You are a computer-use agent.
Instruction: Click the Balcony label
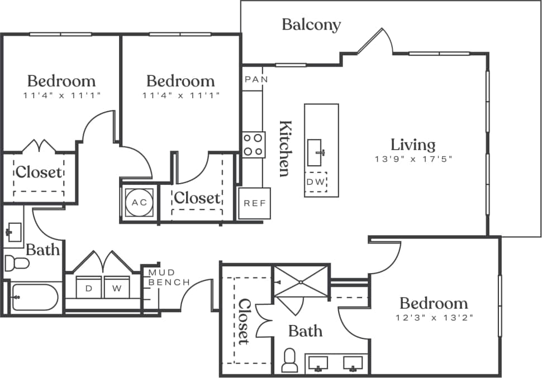(311, 25)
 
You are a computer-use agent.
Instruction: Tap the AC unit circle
(139, 202)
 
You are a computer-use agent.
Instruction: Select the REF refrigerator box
(254, 203)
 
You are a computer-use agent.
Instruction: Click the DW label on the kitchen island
(316, 182)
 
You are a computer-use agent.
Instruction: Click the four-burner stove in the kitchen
(253, 145)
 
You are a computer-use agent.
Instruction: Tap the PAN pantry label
(256, 79)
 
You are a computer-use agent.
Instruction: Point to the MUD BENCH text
(168, 277)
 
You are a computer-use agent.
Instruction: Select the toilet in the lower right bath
(290, 361)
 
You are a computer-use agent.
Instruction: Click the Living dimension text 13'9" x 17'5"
(412, 159)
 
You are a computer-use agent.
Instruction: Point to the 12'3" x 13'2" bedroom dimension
(433, 318)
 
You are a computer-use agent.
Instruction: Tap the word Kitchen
(284, 148)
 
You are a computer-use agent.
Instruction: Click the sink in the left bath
(13, 230)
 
